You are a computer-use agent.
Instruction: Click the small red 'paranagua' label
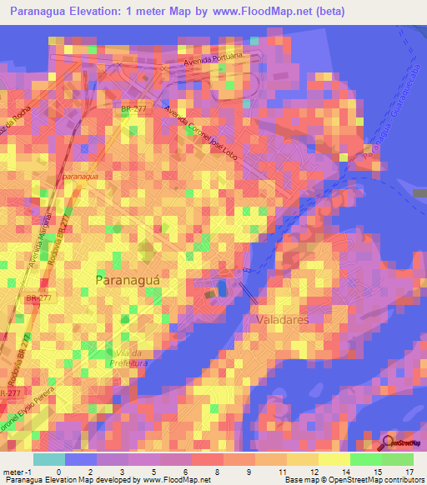[x=80, y=177]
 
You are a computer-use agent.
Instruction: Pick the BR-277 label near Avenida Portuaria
[x=133, y=108]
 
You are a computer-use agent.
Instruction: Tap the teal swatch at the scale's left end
[x=49, y=459]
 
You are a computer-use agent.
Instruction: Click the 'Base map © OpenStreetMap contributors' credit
[x=353, y=479]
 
